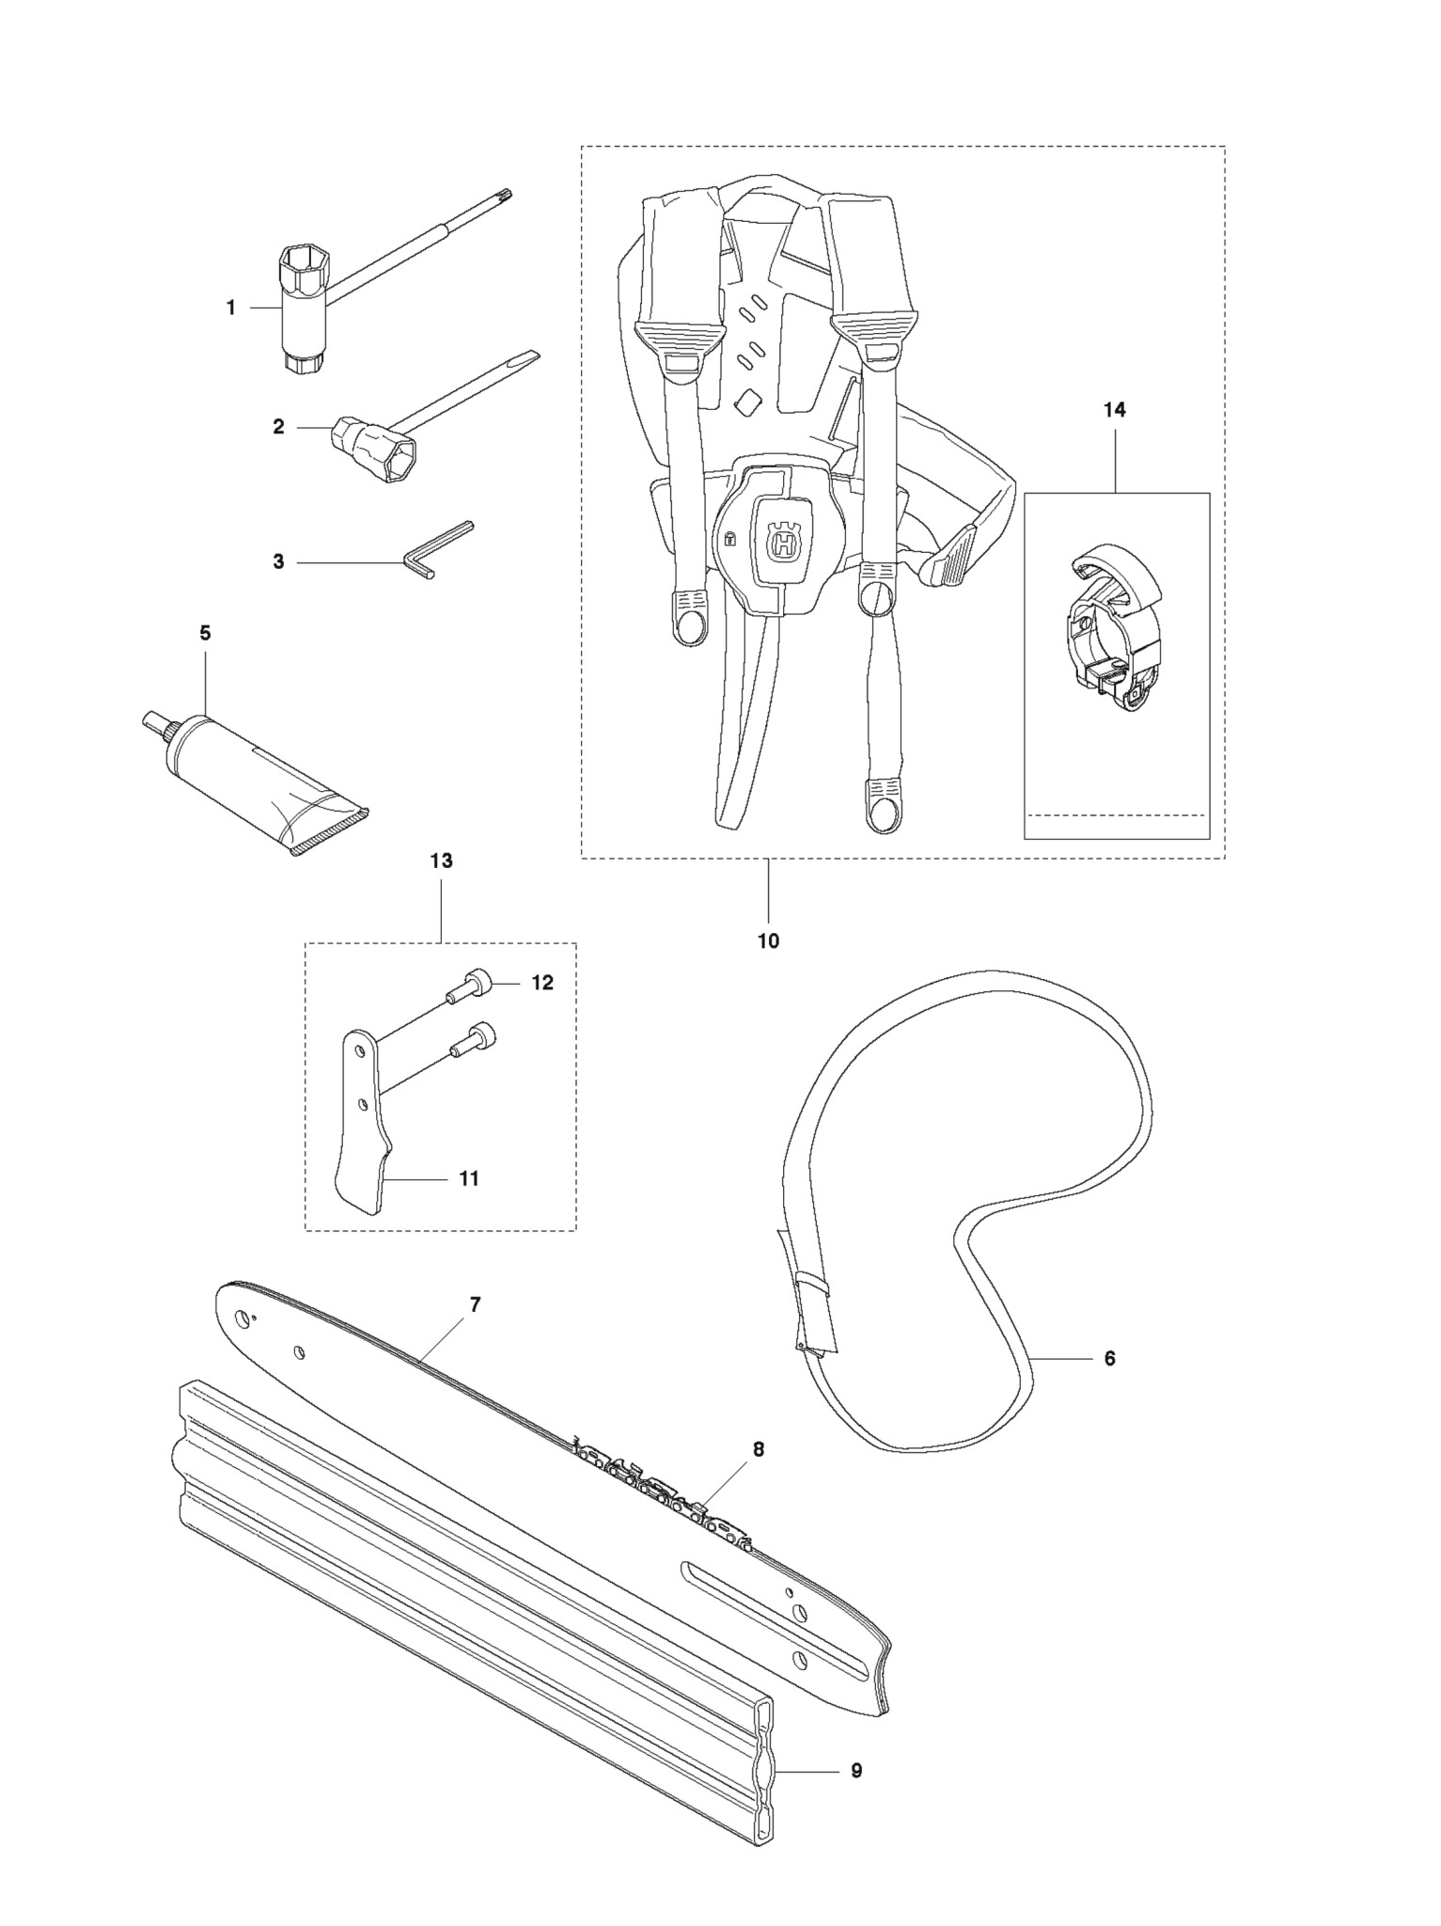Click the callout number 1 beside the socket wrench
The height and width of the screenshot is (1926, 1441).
pyautogui.click(x=231, y=308)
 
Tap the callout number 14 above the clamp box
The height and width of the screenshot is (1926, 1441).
pyautogui.click(x=1115, y=409)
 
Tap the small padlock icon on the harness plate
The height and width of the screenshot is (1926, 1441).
pyautogui.click(x=729, y=539)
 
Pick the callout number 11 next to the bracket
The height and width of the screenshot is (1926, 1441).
pyautogui.click(x=468, y=1177)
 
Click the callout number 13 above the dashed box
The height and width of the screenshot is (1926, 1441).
pyautogui.click(x=441, y=860)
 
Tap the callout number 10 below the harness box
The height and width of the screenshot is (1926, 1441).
pyautogui.click(x=768, y=940)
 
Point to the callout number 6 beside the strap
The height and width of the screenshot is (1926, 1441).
pyautogui.click(x=1109, y=1358)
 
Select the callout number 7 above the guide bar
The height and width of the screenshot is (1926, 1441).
pyautogui.click(x=475, y=1304)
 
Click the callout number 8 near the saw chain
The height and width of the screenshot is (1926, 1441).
pyautogui.click(x=758, y=1449)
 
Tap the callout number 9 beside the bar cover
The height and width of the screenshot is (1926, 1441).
pyautogui.click(x=856, y=1770)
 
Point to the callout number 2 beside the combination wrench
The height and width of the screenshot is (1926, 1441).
pyautogui.click(x=278, y=426)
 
